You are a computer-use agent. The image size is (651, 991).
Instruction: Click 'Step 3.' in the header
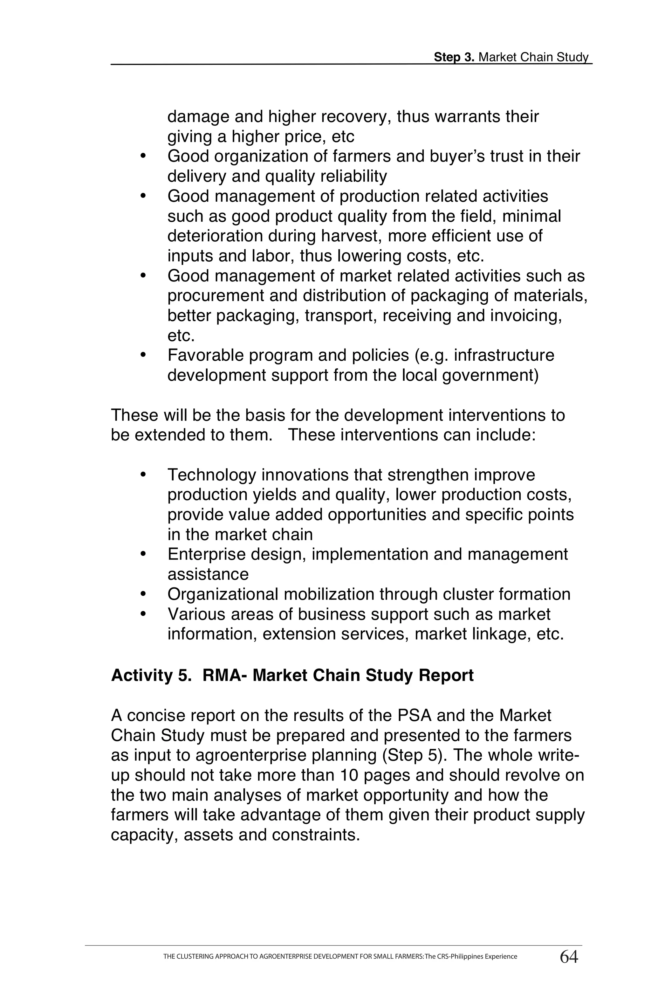pyautogui.click(x=454, y=58)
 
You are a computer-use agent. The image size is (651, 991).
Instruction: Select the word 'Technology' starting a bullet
pyautogui.click(x=211, y=475)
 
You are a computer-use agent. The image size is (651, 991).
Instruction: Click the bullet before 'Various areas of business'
pyautogui.click(x=143, y=613)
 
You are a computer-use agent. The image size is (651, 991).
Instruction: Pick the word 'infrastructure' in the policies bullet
pyautogui.click(x=504, y=356)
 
